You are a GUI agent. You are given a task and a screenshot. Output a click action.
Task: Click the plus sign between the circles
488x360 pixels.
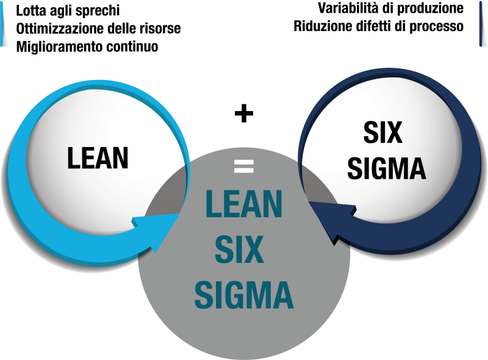click(244, 113)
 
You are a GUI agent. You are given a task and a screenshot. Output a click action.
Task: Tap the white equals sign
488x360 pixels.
click(243, 166)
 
